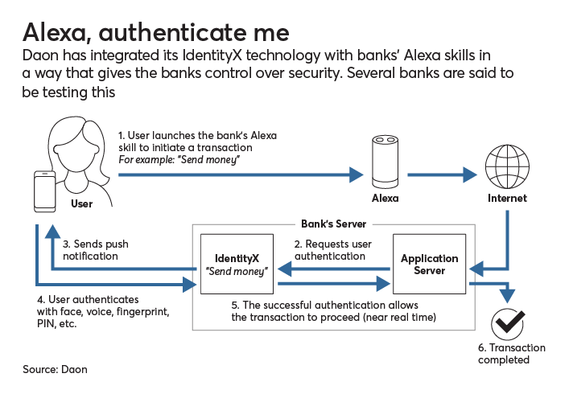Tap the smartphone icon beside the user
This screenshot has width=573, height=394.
[44, 193]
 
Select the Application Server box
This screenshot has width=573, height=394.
[429, 265]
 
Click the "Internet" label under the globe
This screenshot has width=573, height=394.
[507, 198]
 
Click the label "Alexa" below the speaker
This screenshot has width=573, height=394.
[384, 198]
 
